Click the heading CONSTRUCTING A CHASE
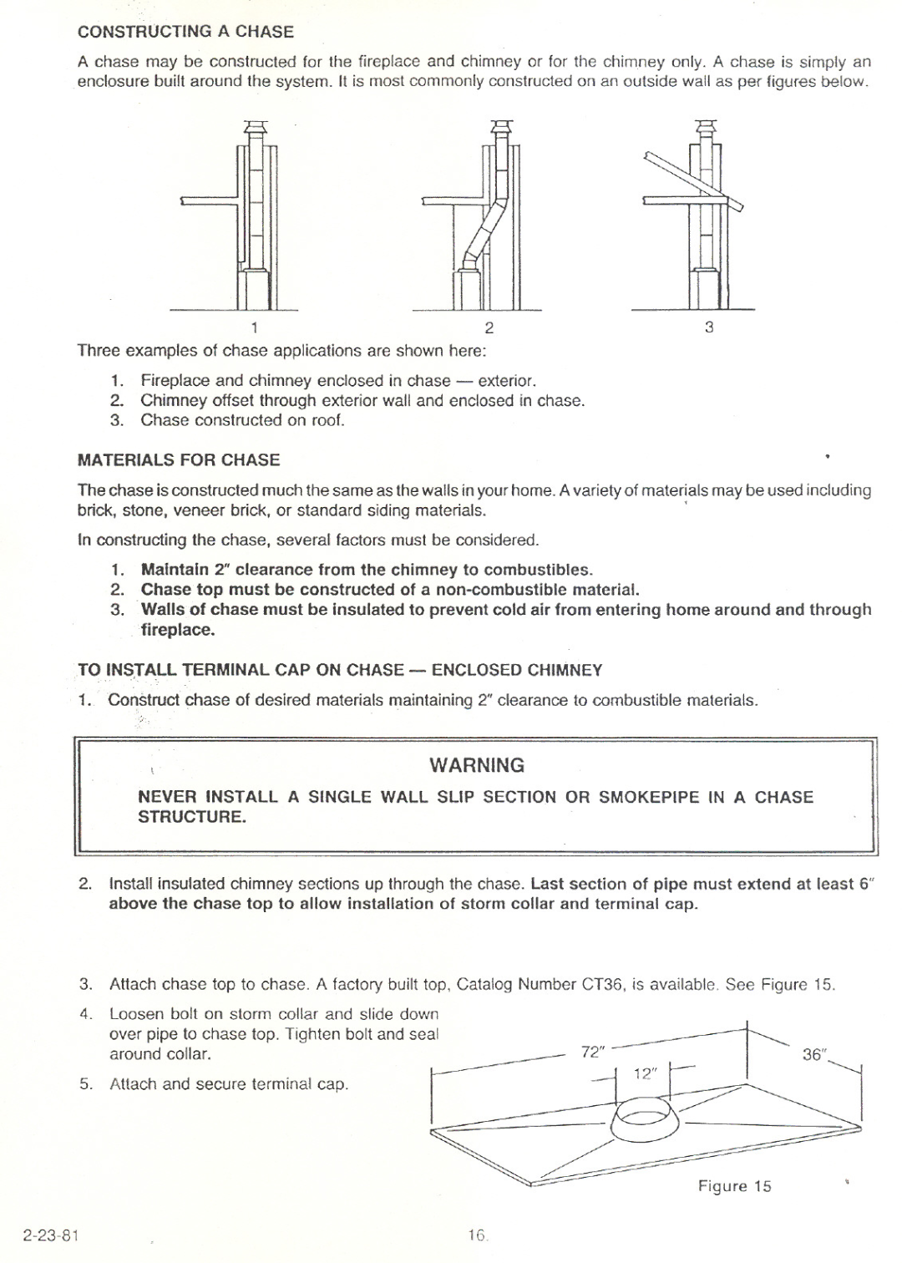(x=185, y=32)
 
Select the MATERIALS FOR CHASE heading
(x=179, y=460)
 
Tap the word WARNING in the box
(x=477, y=765)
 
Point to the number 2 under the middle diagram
(x=490, y=327)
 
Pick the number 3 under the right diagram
(x=709, y=327)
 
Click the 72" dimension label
(x=593, y=1052)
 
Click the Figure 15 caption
(x=734, y=1186)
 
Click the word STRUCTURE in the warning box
(x=191, y=817)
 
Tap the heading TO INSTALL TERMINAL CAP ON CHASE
(x=340, y=670)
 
